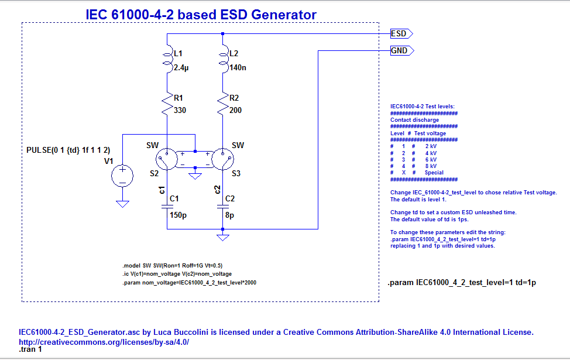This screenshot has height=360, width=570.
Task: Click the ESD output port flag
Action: [401, 34]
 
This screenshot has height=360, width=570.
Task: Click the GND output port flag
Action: [402, 51]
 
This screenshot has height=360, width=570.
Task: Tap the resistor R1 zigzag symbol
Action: [167, 105]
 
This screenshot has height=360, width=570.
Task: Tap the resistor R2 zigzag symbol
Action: [223, 105]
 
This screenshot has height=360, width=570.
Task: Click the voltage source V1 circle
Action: [123, 175]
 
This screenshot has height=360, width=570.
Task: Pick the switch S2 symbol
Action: [167, 158]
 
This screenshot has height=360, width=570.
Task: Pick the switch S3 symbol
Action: [222, 158]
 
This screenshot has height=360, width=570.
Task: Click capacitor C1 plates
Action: [167, 206]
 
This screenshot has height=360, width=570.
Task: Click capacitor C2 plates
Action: [223, 206]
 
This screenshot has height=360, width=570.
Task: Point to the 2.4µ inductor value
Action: [182, 68]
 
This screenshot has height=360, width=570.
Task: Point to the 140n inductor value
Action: [238, 68]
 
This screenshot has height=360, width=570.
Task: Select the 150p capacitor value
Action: [178, 215]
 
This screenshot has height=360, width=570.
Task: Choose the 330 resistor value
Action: [180, 111]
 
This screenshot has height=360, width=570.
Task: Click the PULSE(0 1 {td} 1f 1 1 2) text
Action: [68, 150]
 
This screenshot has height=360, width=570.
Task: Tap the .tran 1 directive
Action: [30, 349]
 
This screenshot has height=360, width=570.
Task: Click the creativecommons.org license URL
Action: [104, 342]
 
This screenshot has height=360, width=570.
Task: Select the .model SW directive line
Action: [173, 265]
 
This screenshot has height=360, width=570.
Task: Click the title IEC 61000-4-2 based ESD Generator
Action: [201, 15]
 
